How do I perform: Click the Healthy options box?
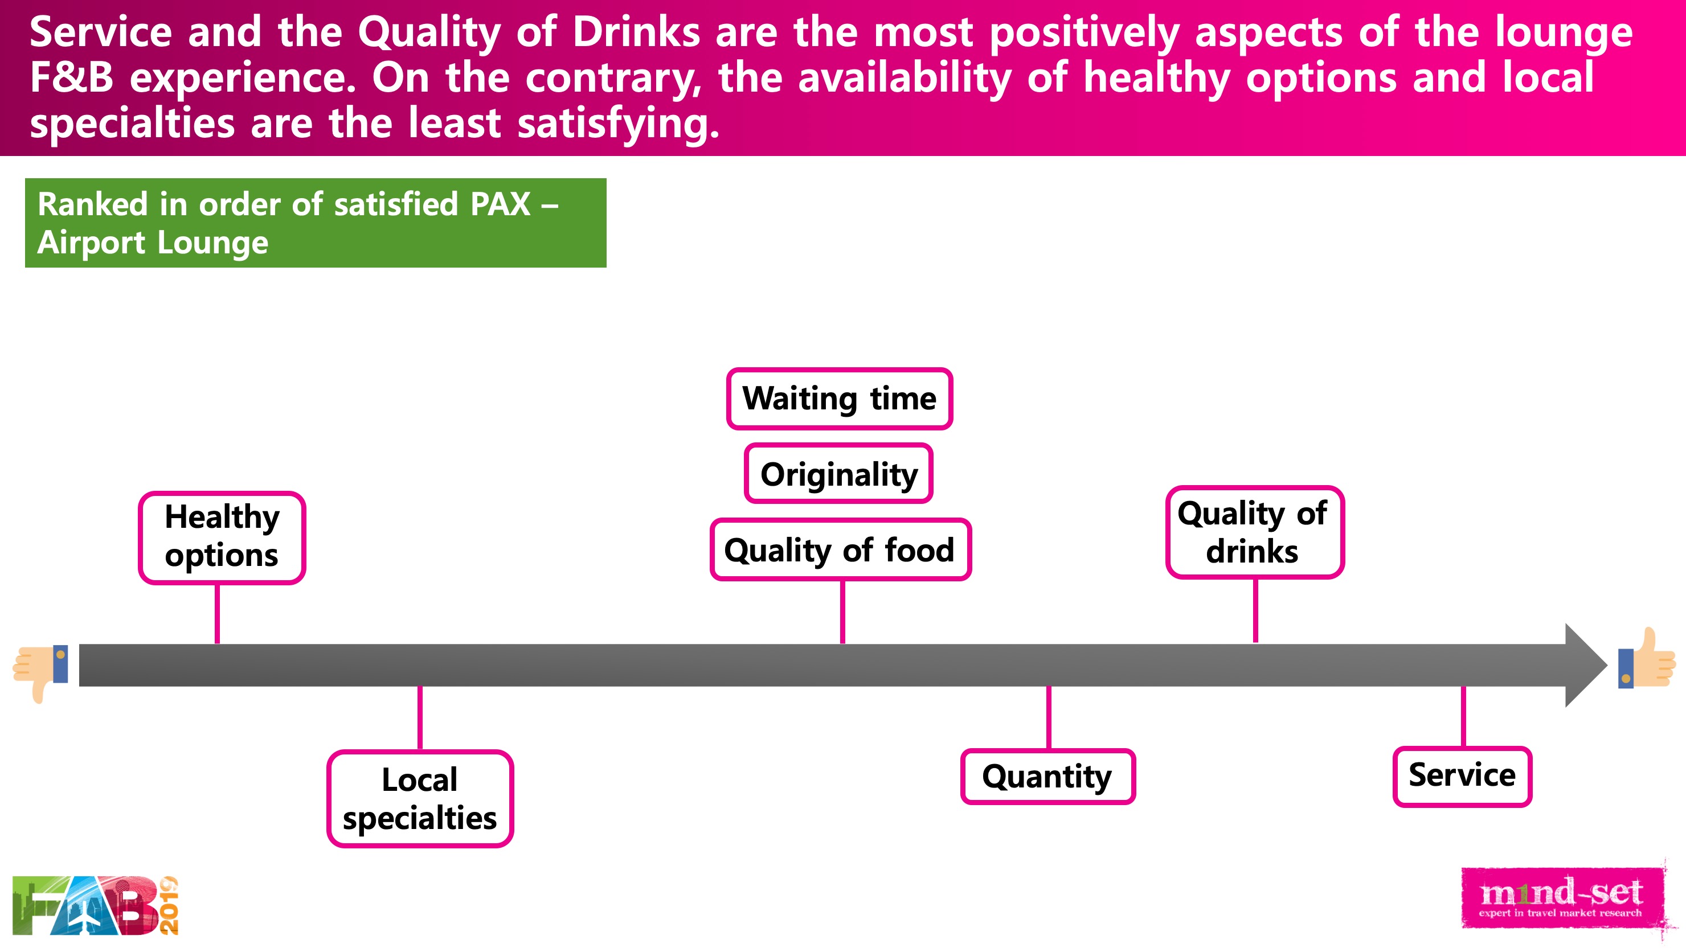tap(222, 537)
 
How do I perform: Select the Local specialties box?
tap(420, 798)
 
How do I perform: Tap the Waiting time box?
tap(839, 399)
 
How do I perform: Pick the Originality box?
tap(838, 474)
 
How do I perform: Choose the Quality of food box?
tap(840, 549)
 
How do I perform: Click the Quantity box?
tap(1048, 776)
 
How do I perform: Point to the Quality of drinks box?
tap(1255, 532)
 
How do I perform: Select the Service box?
tap(1462, 776)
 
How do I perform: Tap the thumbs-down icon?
tap(40, 672)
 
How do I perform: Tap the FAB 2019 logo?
tap(96, 905)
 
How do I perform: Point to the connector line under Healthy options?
tap(217, 614)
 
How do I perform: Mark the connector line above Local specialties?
tap(420, 719)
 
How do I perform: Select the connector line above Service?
tap(1463, 717)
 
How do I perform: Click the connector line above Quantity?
tap(1049, 718)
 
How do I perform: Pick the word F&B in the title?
tap(72, 77)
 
